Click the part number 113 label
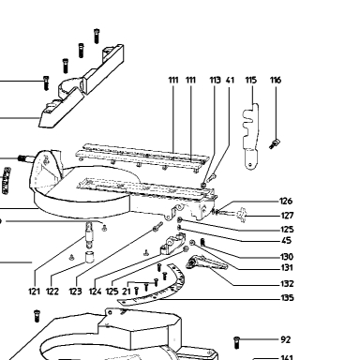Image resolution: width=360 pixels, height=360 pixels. pyautogui.click(x=215, y=81)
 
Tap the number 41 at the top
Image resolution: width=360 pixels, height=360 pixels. pyautogui.click(x=230, y=81)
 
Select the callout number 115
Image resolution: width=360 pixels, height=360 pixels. pyautogui.click(x=251, y=81)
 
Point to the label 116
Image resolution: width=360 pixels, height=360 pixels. pyautogui.click(x=276, y=81)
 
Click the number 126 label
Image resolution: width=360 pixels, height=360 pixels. pyautogui.click(x=286, y=201)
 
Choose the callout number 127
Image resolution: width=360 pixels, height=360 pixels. pyautogui.click(x=287, y=216)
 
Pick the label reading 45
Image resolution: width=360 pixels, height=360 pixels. pyautogui.click(x=286, y=241)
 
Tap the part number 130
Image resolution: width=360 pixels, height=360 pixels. pyautogui.click(x=287, y=257)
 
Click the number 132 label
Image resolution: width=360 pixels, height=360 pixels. pyautogui.click(x=287, y=284)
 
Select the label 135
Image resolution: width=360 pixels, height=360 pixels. pyautogui.click(x=287, y=298)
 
